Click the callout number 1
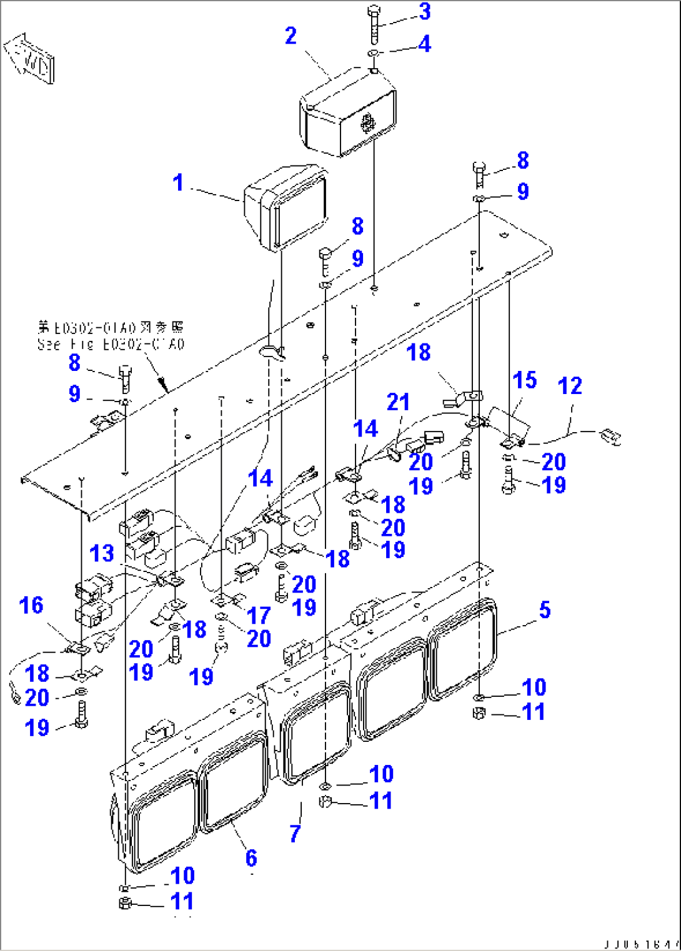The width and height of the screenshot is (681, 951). pos(179,183)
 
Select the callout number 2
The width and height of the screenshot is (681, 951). pos(291,36)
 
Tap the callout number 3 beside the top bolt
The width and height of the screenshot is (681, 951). pos(425,11)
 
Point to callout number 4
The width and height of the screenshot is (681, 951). pos(425,44)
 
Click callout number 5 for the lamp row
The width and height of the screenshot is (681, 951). pos(545,610)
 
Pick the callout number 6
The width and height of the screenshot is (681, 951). pos(251,859)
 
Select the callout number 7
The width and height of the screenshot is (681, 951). pos(296,833)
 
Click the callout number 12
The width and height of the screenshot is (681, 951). pos(570,386)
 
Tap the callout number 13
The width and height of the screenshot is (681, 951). pos(102,553)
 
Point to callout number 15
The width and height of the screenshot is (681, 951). pos(525,380)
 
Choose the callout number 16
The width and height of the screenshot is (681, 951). pos(31,605)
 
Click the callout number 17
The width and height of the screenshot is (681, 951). pos(258,616)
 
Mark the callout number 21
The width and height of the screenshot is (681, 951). pos(398,402)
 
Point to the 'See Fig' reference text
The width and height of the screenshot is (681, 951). pos(111,344)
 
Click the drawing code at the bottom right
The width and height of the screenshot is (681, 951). pos(641,944)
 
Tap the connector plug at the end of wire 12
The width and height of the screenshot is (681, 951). pos(610,436)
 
